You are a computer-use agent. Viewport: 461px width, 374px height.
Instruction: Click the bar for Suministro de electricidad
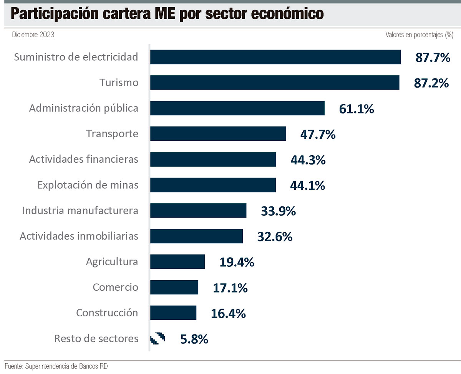pyautogui.click(x=275, y=57)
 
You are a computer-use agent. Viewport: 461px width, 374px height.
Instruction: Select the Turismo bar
pyautogui.click(x=274, y=83)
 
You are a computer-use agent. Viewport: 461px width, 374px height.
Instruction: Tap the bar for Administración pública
pyautogui.click(x=237, y=108)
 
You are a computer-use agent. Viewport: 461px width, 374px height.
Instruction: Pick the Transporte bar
pyautogui.click(x=218, y=134)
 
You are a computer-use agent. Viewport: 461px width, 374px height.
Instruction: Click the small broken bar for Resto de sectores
pyautogui.click(x=158, y=339)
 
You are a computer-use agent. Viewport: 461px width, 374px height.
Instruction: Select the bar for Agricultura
pyautogui.click(x=177, y=262)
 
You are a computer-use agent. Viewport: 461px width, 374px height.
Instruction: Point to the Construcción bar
pyautogui.click(x=173, y=313)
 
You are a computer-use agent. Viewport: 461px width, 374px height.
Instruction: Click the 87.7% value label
pyautogui.click(x=432, y=58)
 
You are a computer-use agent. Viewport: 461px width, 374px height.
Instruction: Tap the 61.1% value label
pyautogui.click(x=356, y=109)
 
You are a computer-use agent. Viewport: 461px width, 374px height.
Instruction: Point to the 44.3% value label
pyautogui.click(x=308, y=160)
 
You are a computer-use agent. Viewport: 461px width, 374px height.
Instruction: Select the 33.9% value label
pyautogui.click(x=278, y=211)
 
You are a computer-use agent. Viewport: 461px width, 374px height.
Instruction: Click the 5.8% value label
pyautogui.click(x=194, y=339)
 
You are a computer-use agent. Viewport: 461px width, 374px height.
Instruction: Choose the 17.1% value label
pyautogui.click(x=230, y=288)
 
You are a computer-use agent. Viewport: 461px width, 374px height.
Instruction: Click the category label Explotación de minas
pyautogui.click(x=88, y=185)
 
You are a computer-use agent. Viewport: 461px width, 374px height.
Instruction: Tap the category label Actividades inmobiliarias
pyautogui.click(x=79, y=236)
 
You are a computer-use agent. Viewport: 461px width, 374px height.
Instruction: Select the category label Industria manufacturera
pyautogui.click(x=80, y=211)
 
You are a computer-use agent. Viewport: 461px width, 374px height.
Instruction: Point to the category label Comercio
pyautogui.click(x=115, y=287)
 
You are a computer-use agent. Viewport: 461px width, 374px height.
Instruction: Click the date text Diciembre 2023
pyautogui.click(x=33, y=35)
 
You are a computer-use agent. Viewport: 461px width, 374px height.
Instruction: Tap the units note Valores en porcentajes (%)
pyautogui.click(x=420, y=35)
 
